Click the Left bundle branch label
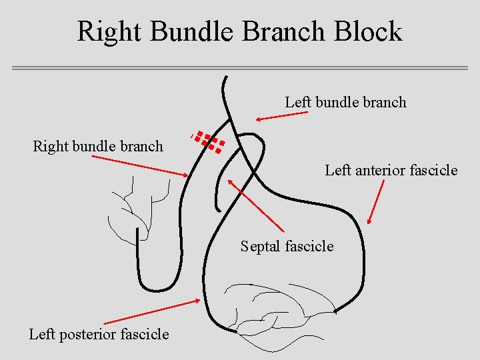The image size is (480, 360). pyautogui.click(x=345, y=102)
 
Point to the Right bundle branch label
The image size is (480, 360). pyautogui.click(x=98, y=146)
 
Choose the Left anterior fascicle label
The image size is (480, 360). pyautogui.click(x=391, y=170)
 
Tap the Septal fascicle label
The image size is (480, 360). pyautogui.click(x=287, y=247)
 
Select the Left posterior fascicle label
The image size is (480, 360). pyautogui.click(x=99, y=334)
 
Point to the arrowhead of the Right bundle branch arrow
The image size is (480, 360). pyautogui.click(x=187, y=175)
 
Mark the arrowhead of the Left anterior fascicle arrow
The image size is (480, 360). pyautogui.click(x=370, y=222)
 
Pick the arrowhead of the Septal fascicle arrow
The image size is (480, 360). pyautogui.click(x=230, y=180)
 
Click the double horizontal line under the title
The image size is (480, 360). pyautogui.click(x=240, y=68)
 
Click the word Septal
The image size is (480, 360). pyautogui.click(x=261, y=247)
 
